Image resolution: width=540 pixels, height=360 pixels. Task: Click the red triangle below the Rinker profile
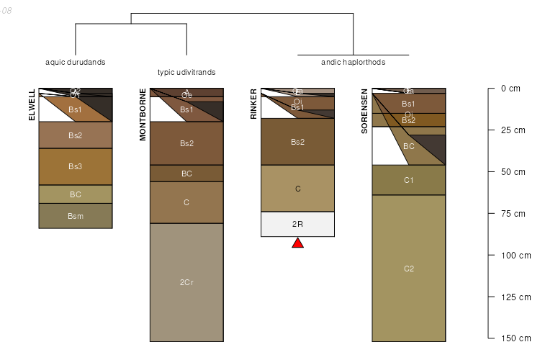coord(297,243)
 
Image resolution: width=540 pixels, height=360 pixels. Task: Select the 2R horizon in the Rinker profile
coord(297,224)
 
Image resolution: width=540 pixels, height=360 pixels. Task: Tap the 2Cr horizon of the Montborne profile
coord(186,282)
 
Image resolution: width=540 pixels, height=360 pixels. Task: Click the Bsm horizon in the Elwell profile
coord(76,216)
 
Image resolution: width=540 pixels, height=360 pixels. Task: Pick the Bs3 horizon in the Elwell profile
coord(76,166)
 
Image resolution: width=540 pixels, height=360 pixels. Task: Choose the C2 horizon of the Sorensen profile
coord(409,269)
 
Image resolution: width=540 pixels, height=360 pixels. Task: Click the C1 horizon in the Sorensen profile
coord(409,180)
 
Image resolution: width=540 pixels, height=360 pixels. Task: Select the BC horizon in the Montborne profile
coord(186,174)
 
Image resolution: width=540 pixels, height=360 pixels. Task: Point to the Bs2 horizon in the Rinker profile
coord(297,142)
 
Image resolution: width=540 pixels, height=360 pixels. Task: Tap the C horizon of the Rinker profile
coord(297,189)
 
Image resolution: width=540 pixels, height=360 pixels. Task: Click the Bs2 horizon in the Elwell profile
coord(76,135)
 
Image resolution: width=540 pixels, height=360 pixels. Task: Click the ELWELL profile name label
coord(32,105)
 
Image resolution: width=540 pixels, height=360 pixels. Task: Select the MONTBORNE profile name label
coord(143,114)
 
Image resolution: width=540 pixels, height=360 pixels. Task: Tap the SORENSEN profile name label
coord(365,112)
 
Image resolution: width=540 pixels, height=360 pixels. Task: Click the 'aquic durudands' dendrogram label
coord(76,62)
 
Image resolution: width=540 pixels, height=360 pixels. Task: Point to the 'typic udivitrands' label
coord(186,72)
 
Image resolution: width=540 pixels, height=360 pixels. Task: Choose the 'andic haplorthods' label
coord(353,62)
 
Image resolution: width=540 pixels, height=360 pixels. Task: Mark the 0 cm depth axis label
coord(510,89)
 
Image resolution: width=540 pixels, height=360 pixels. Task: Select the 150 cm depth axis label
coord(515,338)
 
